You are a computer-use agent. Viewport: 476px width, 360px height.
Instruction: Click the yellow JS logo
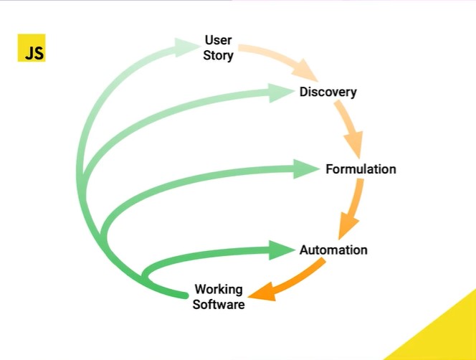click(31, 48)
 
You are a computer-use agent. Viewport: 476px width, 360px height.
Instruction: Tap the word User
click(218, 40)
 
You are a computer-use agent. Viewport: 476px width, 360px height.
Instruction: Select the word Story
click(218, 55)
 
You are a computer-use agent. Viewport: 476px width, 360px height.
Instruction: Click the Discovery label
click(328, 92)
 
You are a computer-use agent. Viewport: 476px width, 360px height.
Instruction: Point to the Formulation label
click(361, 169)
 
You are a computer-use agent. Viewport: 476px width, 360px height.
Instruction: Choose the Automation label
click(333, 250)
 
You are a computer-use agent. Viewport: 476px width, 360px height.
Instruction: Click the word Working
click(219, 290)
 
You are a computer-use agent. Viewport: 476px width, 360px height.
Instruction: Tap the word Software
click(219, 304)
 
